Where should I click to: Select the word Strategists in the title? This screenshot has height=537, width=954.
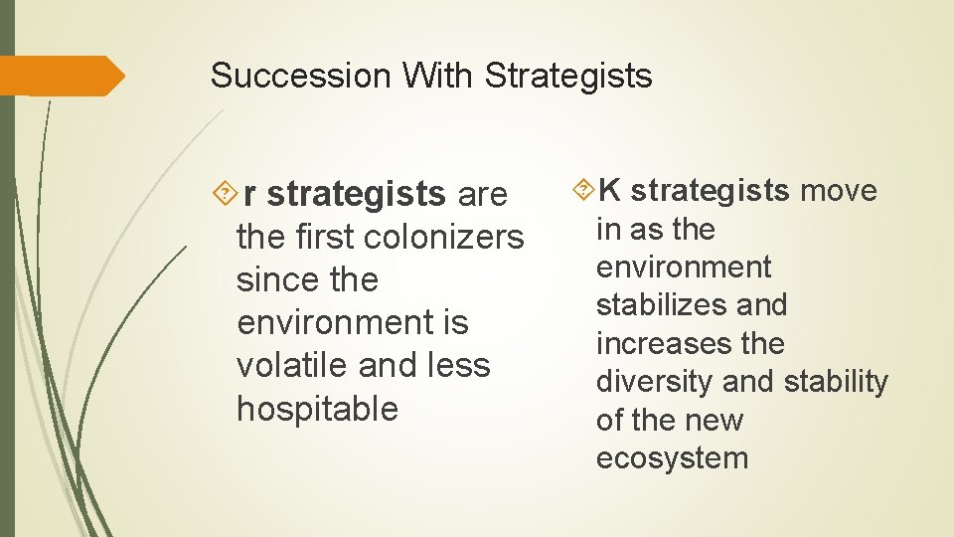point(568,76)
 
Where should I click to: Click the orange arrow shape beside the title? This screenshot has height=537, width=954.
point(62,77)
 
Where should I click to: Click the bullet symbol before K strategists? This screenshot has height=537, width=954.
point(583,189)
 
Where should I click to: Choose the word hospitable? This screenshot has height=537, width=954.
point(317,408)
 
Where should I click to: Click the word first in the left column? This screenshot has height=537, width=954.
point(328,238)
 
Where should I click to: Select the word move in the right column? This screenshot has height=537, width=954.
point(839,190)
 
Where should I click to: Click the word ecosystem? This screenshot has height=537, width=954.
point(672,458)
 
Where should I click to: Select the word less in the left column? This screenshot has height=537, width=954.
point(460,365)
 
